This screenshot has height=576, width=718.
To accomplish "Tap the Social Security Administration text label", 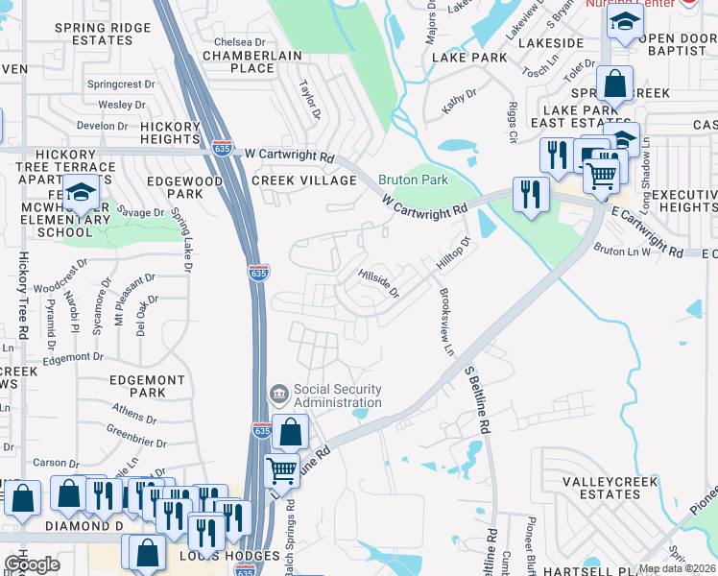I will tap(338, 396).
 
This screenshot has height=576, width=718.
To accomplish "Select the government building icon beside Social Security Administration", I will tap(278, 393).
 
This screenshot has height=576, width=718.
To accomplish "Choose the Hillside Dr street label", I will tap(378, 284).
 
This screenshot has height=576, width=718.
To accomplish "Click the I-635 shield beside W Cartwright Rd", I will tap(221, 149).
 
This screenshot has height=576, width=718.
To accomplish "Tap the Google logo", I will tap(32, 564).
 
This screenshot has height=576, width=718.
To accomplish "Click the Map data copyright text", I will tap(677, 568).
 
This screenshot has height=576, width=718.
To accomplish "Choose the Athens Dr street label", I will tap(134, 414).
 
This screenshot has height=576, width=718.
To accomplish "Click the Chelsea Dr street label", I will tap(239, 42).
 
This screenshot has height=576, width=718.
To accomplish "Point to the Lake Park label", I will tap(468, 58).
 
